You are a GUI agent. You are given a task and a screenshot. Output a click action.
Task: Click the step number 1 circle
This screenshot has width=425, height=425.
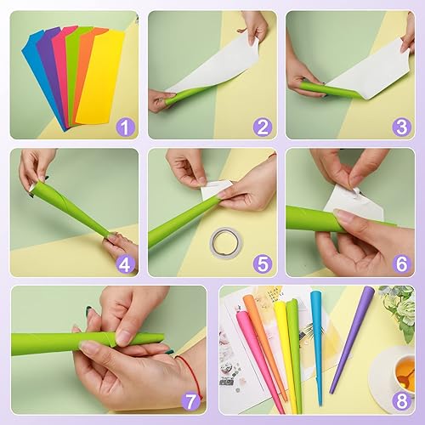125,127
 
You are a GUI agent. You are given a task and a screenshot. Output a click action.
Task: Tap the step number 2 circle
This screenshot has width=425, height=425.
263,127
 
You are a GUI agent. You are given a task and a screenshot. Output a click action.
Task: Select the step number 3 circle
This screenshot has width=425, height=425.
400,127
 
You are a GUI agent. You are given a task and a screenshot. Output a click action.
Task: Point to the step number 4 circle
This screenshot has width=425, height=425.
125,264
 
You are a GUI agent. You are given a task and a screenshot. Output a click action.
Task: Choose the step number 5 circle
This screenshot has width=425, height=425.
263,264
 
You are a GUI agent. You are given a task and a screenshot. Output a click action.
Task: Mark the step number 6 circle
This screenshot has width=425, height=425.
400,264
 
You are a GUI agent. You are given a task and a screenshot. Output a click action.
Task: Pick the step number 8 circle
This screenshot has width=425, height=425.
400,402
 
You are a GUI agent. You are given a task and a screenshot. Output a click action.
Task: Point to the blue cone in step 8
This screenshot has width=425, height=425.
317,340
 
